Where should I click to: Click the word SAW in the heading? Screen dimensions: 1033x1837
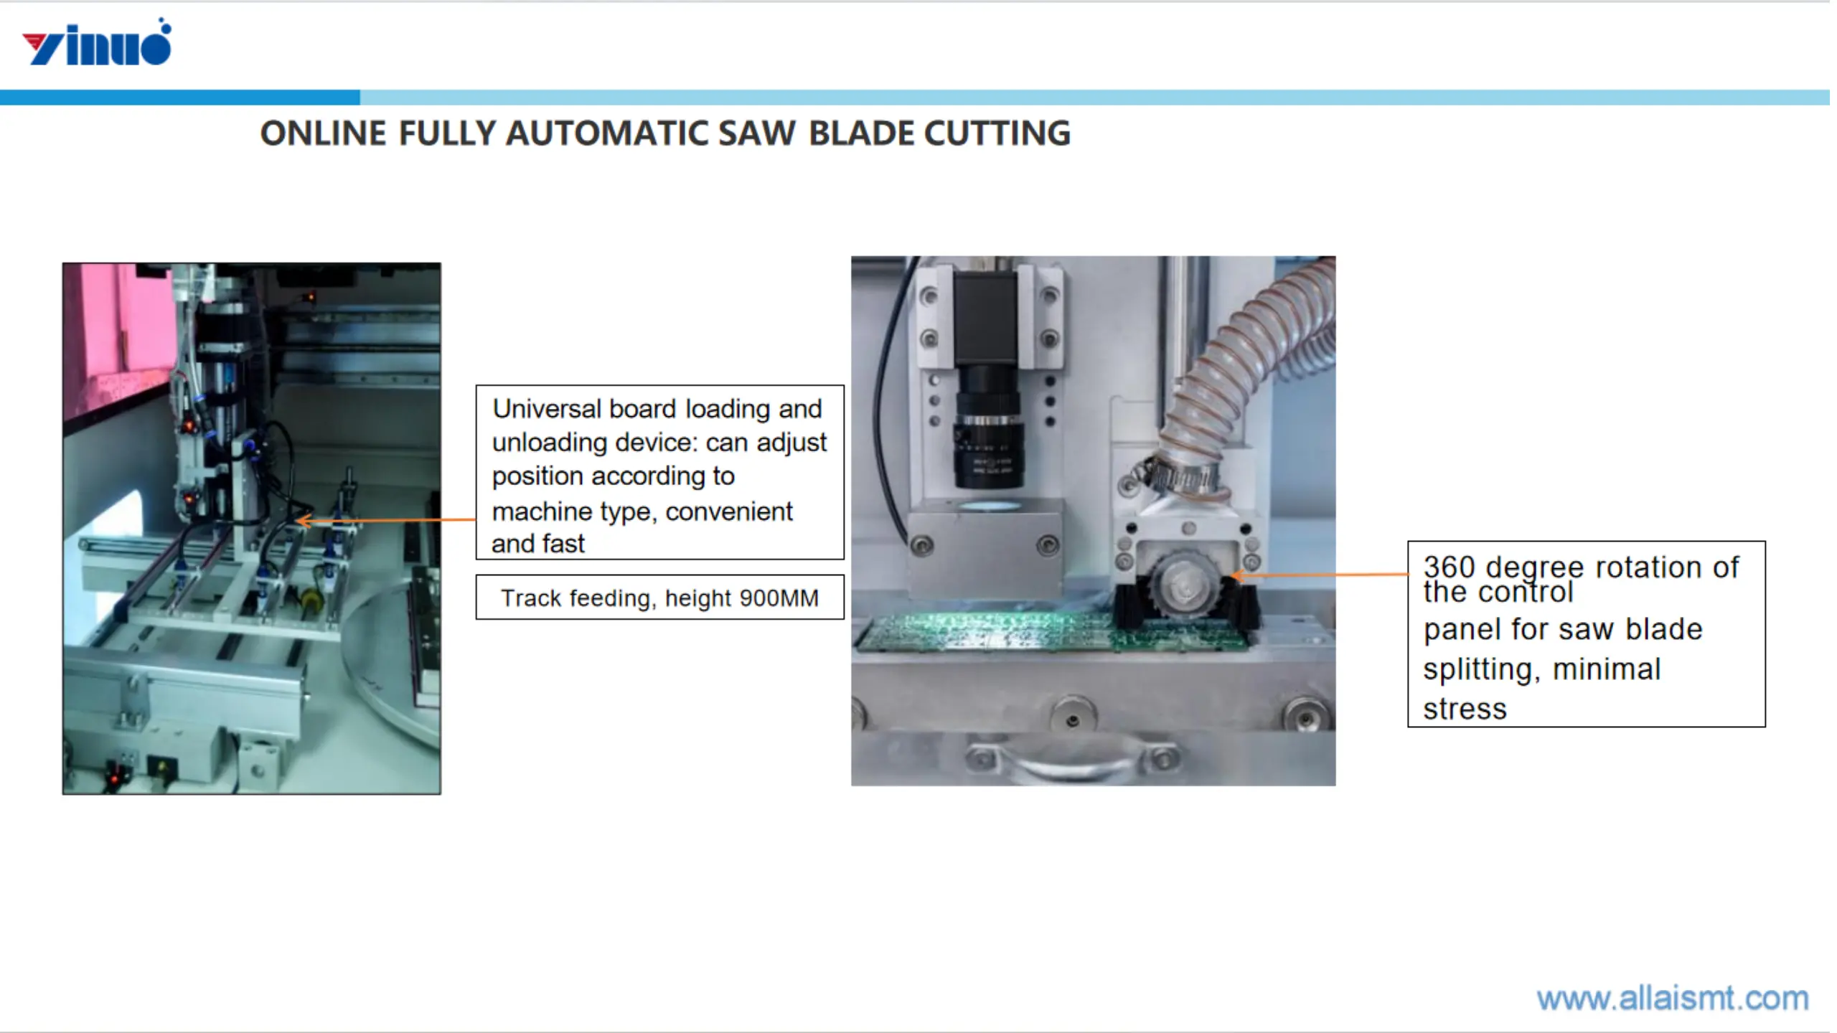[x=756, y=133]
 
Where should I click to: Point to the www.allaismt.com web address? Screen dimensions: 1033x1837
[x=1672, y=998]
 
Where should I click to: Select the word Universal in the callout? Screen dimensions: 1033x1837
[x=546, y=409]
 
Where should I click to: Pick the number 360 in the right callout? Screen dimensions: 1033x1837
[x=1449, y=567]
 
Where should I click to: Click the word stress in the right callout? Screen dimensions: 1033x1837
[x=1465, y=709]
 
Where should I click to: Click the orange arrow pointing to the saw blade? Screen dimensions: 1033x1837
[x=1320, y=575]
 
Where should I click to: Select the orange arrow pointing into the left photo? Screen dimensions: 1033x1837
[x=387, y=519]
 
